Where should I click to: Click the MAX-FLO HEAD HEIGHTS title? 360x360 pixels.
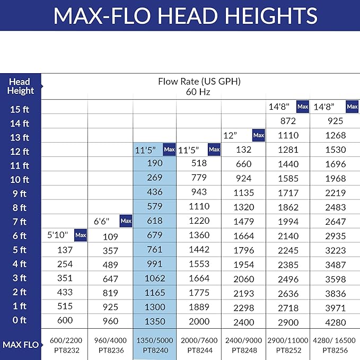[x=185, y=15]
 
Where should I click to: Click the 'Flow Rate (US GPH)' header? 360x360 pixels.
[x=199, y=82]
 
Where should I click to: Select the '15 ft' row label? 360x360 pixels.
[x=20, y=110]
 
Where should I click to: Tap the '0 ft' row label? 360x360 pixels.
[x=20, y=320]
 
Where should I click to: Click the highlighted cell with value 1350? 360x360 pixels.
[x=154, y=322]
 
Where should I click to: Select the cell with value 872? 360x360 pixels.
[x=287, y=121]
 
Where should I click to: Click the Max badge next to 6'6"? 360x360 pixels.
[x=126, y=221]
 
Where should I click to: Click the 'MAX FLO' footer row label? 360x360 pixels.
[x=20, y=345]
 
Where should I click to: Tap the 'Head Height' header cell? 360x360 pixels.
[x=20, y=86]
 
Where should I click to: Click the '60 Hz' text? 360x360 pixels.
[x=198, y=92]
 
